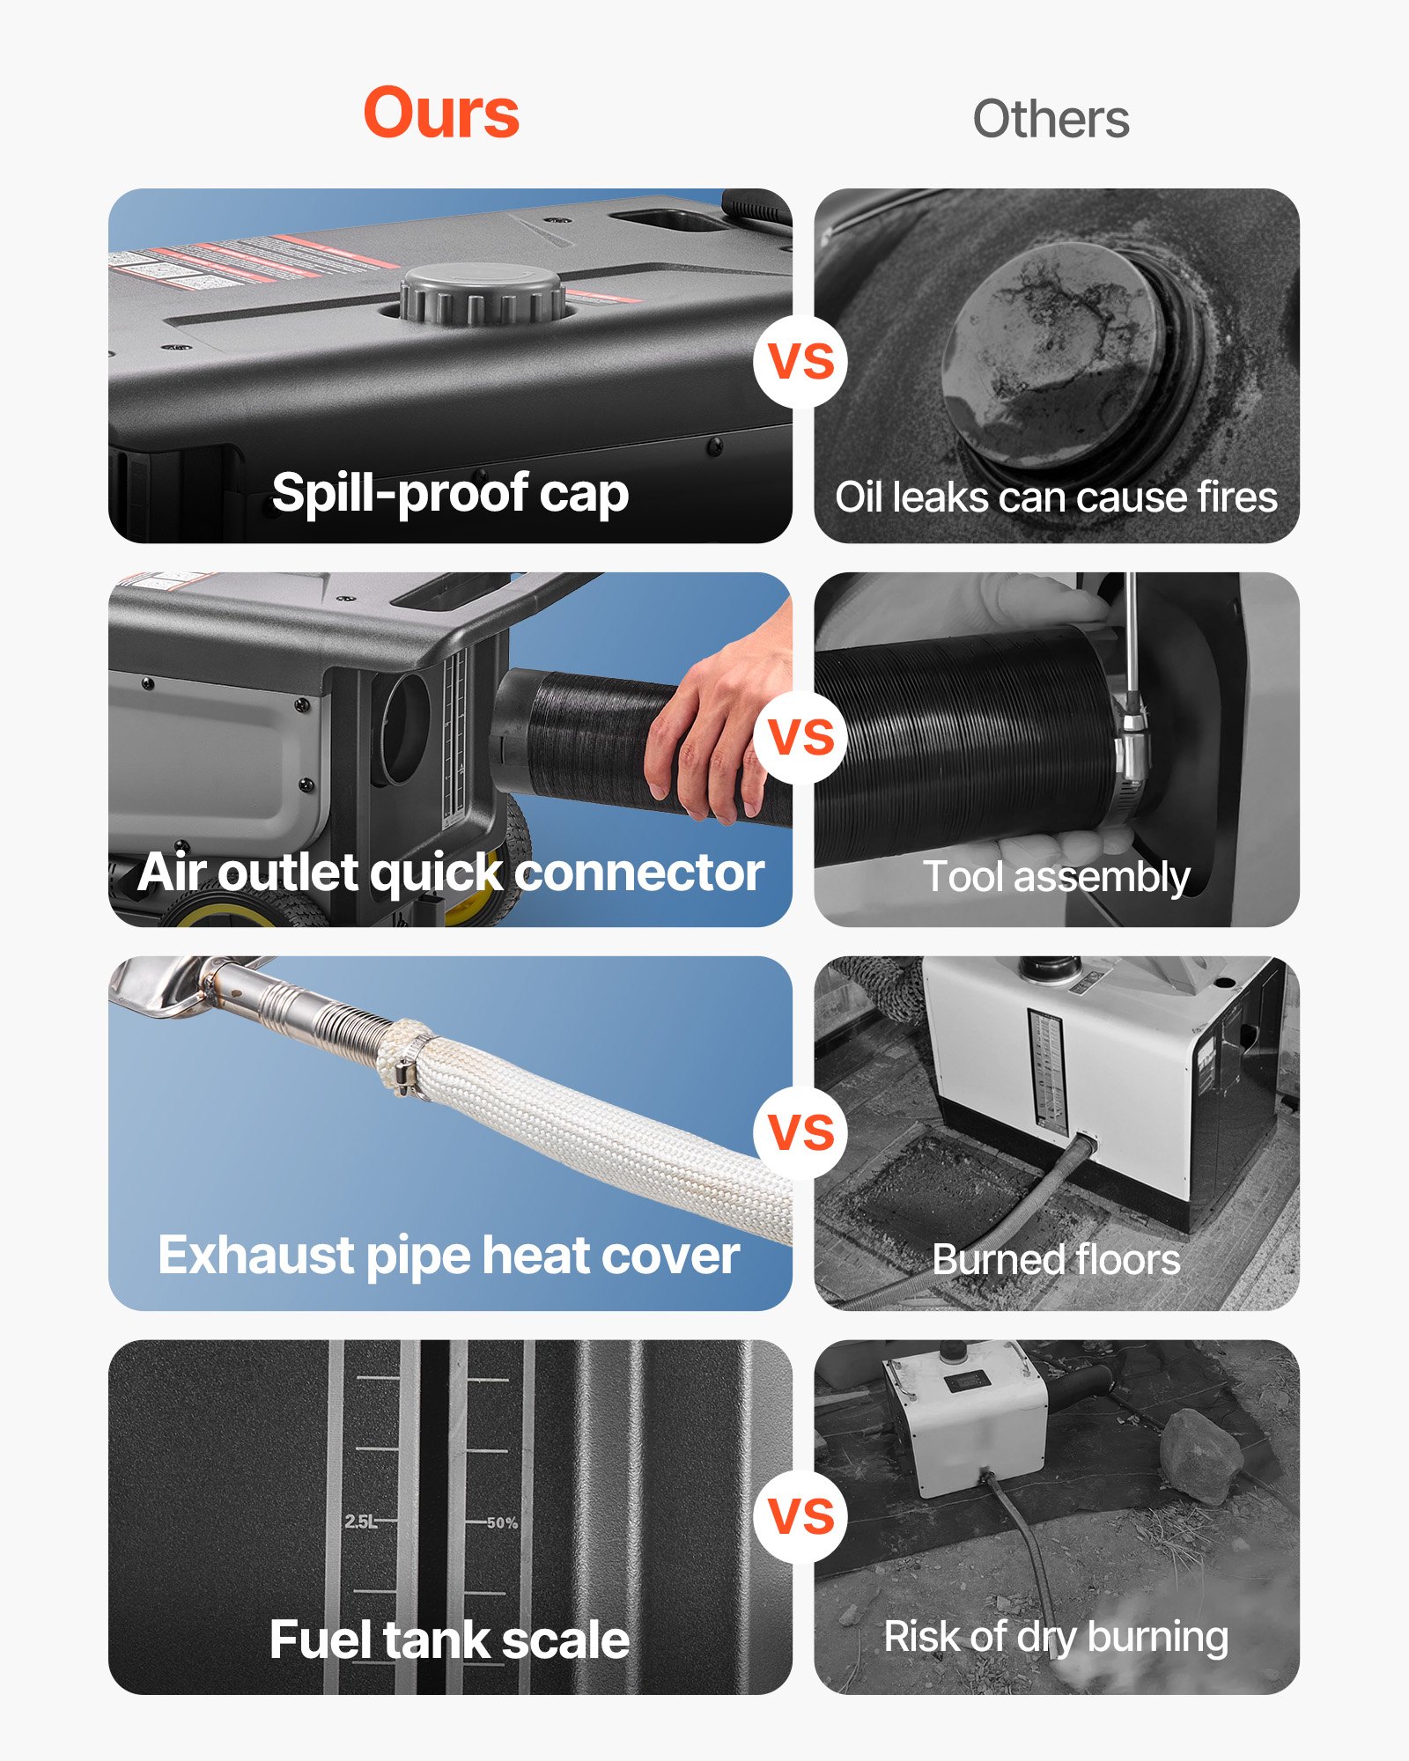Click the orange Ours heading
click(x=441, y=113)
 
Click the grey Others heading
click(x=1051, y=119)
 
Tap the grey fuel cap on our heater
click(x=483, y=295)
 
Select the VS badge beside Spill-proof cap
click(x=800, y=361)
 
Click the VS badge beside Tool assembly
click(x=800, y=737)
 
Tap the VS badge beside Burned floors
click(x=800, y=1131)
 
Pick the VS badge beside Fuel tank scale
click(x=800, y=1516)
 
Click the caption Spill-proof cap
click(x=450, y=493)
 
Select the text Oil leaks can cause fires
click(x=1056, y=497)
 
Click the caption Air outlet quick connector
click(x=450, y=873)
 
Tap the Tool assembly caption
click(x=1056, y=877)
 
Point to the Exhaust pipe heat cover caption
click(x=448, y=1256)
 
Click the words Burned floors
click(x=1056, y=1260)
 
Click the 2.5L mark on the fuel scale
click(x=360, y=1522)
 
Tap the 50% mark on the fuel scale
click(x=502, y=1522)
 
